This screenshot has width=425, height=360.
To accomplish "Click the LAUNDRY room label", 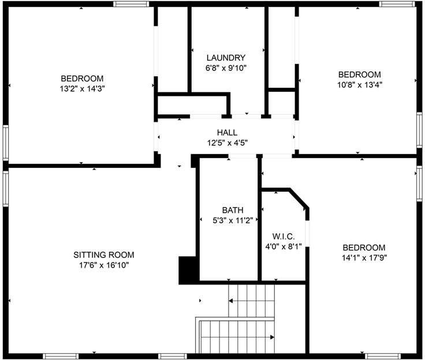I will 226,58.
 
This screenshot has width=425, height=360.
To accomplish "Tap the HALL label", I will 227,133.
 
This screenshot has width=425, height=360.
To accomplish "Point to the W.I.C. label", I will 284,237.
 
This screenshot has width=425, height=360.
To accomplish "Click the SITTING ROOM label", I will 104,255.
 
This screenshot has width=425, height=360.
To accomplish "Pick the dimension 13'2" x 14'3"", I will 83,88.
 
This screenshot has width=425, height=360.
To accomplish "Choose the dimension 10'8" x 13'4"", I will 360,84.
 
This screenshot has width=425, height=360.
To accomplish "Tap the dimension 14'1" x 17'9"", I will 363,258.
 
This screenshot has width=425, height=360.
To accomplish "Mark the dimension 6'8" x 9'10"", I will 226,67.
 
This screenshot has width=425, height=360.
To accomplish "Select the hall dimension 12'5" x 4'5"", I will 227,142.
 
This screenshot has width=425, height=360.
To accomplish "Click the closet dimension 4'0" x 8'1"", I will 284,246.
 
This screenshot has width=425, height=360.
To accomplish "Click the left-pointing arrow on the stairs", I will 231,301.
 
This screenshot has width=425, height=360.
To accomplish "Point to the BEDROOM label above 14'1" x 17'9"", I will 363,248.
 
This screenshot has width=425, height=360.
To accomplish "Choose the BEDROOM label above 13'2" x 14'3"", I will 83,78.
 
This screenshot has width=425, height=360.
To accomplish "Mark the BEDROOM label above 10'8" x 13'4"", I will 360,74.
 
